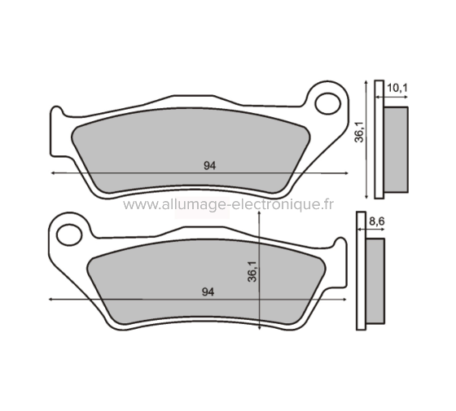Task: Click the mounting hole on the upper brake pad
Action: click(330, 103)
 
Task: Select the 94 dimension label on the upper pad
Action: click(209, 165)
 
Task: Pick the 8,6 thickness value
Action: click(376, 221)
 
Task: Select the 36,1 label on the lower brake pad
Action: click(251, 271)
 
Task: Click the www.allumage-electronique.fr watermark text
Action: click(228, 205)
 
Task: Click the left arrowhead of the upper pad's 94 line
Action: click(53, 173)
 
